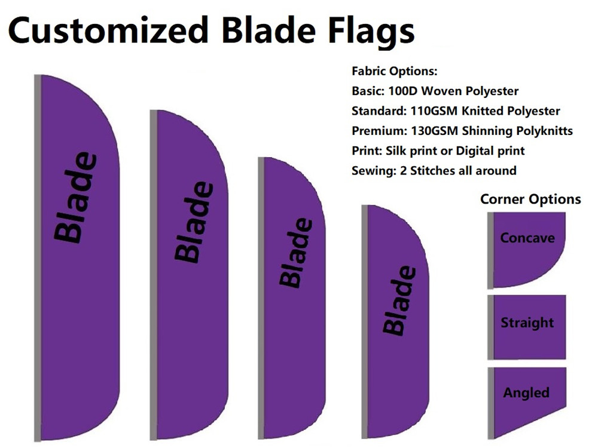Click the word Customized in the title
(108, 30)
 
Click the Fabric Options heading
(394, 71)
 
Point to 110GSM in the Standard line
(434, 111)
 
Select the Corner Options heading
(530, 199)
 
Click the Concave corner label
(527, 238)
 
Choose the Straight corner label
(527, 323)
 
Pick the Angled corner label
(526, 393)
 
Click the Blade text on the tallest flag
(75, 198)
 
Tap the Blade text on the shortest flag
(399, 301)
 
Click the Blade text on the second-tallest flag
(194, 222)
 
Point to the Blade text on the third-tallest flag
(296, 253)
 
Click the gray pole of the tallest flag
(37, 258)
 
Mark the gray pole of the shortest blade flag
(364, 321)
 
